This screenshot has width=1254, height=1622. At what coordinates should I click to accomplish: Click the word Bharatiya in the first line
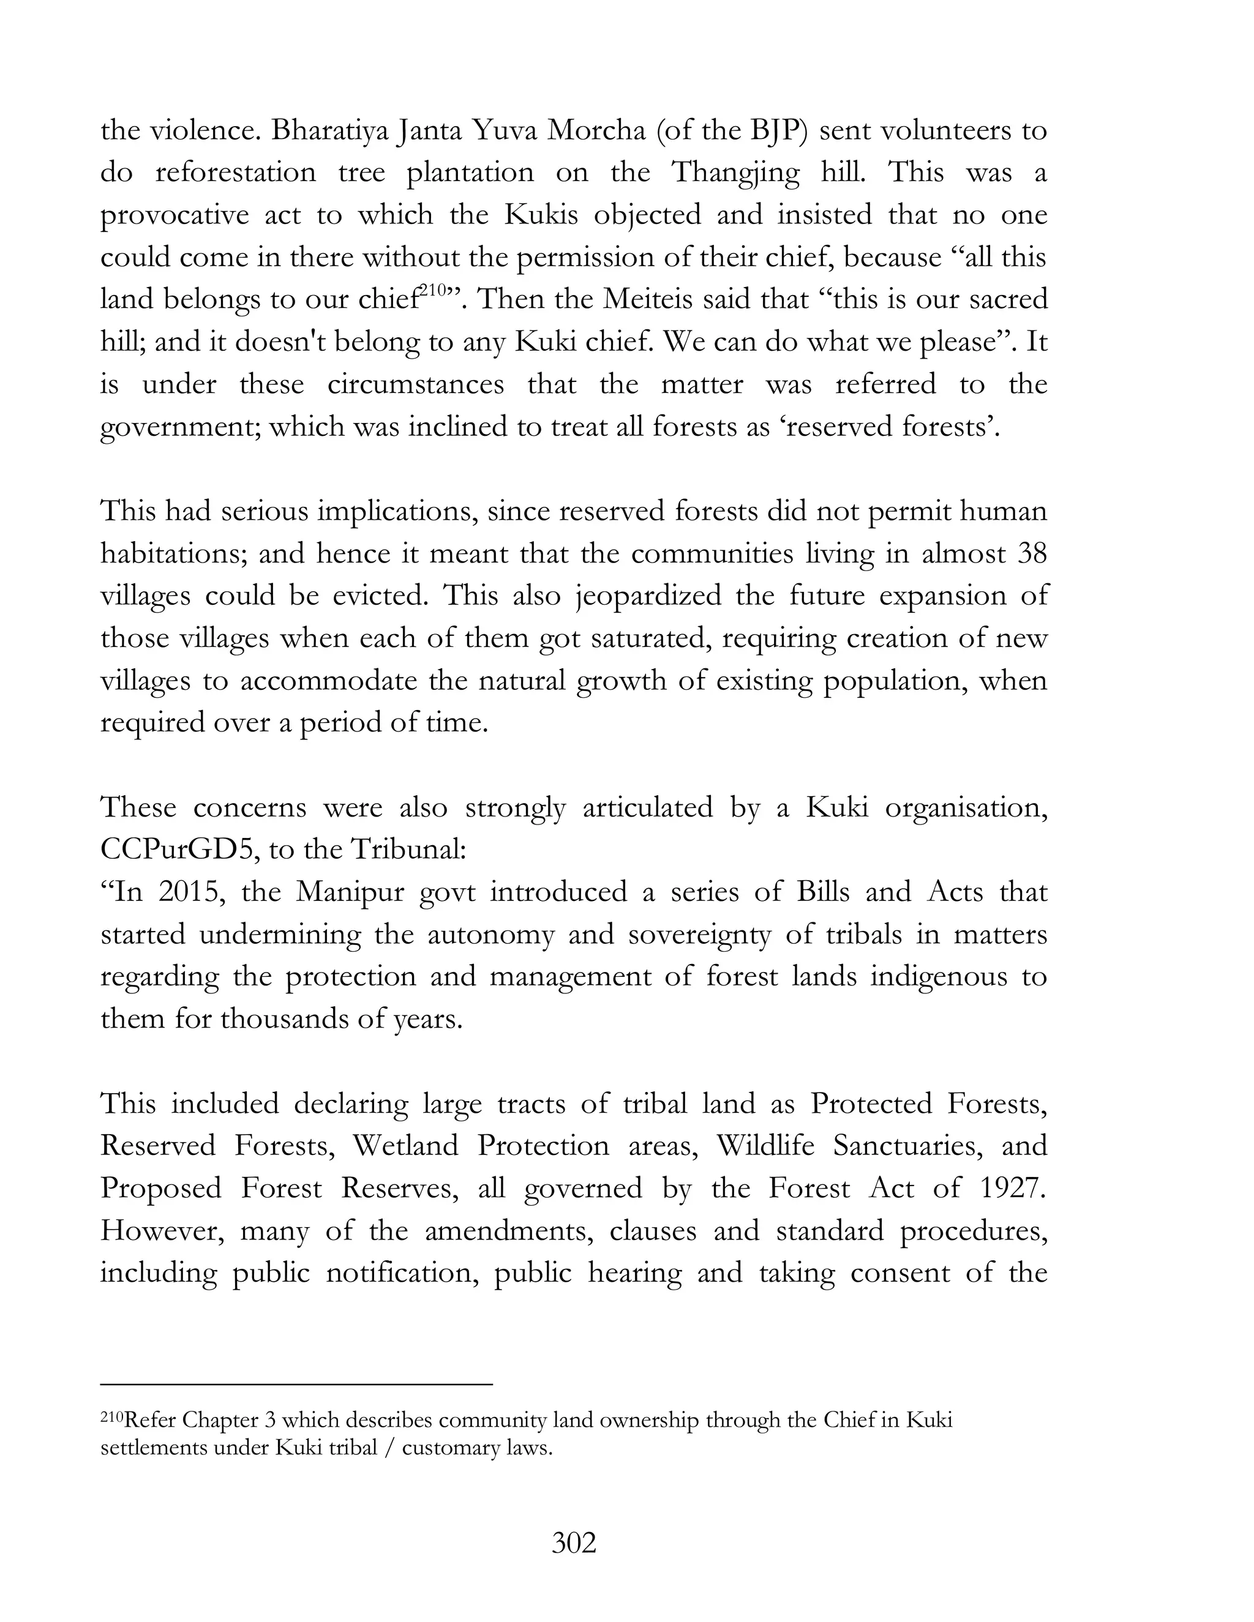[x=328, y=131]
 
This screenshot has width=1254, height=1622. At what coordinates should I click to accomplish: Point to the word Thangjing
[x=735, y=173]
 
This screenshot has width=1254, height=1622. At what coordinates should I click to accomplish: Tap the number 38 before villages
[x=1031, y=554]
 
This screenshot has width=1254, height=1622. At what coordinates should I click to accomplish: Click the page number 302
[x=574, y=1544]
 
